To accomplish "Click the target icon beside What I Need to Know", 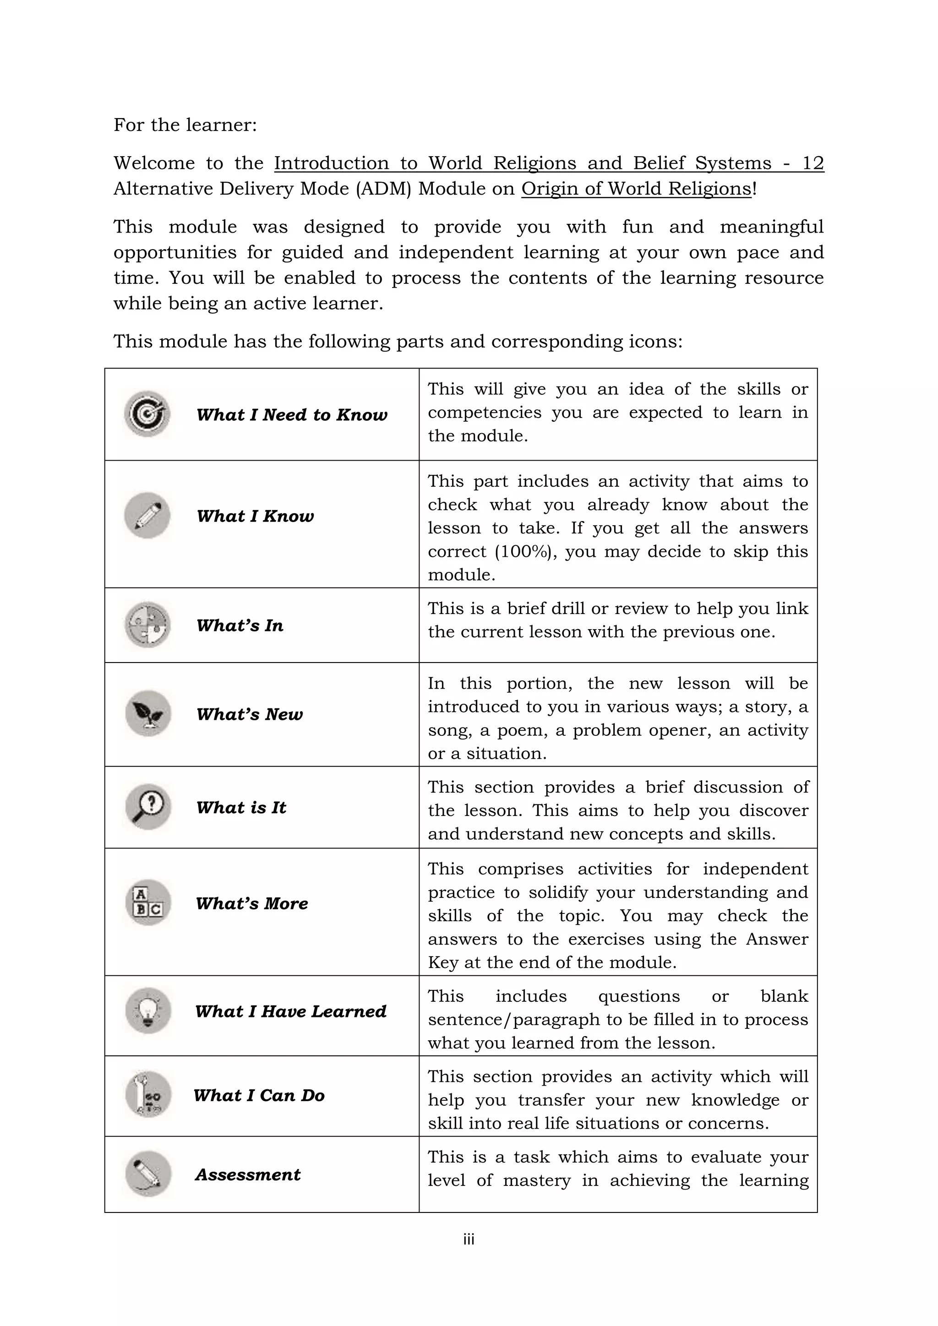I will [147, 413].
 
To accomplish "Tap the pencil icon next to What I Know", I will [147, 515].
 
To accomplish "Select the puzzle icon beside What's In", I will [147, 625].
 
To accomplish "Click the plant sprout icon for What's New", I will [148, 713].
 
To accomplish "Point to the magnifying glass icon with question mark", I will [148, 807].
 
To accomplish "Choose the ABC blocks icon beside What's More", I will [148, 902].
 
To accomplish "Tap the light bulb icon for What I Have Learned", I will [148, 1011].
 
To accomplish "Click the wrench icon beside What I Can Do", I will [148, 1094].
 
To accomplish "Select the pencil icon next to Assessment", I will [148, 1174].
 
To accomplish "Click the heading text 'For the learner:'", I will [185, 125].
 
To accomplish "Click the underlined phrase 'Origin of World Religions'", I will [636, 189].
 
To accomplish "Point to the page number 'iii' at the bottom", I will [469, 1239].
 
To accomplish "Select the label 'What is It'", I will [241, 807].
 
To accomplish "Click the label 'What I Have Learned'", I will [290, 1011].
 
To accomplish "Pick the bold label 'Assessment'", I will [248, 1175].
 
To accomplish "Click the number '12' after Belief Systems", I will [813, 163].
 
